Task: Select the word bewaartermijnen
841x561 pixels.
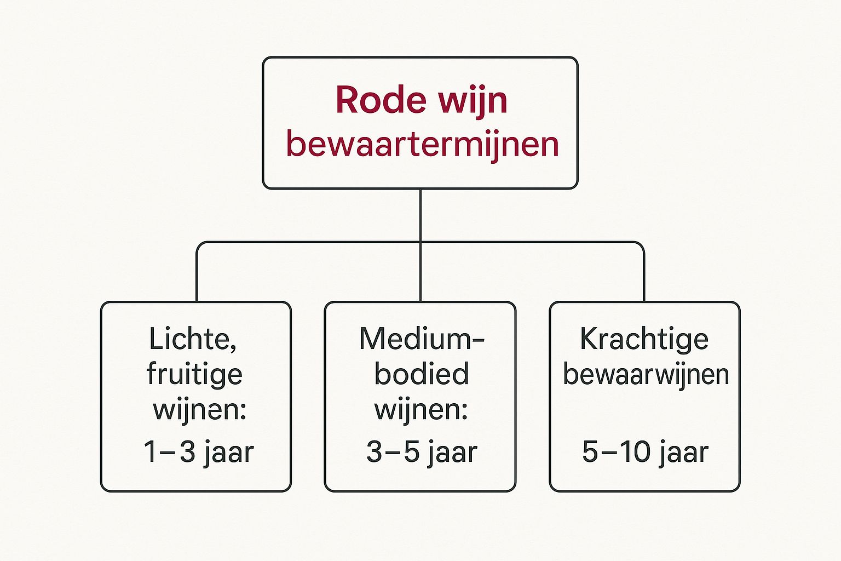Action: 422,145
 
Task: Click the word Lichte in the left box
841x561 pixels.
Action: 193,339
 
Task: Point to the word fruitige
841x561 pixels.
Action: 194,374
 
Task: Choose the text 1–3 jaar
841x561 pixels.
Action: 198,453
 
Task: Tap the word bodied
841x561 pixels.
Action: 422,374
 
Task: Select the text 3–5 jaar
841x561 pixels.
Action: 422,453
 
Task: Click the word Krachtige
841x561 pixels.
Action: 644,339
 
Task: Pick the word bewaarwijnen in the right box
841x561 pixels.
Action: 646,375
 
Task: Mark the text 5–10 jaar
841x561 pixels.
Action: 645,453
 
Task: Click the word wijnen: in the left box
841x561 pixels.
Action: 199,410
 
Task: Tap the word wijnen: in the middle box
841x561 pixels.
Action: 421,410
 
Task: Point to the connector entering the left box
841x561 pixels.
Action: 197,274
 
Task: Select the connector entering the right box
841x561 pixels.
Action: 644,274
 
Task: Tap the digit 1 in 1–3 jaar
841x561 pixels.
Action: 150,453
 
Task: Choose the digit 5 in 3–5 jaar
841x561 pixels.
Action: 412,453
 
